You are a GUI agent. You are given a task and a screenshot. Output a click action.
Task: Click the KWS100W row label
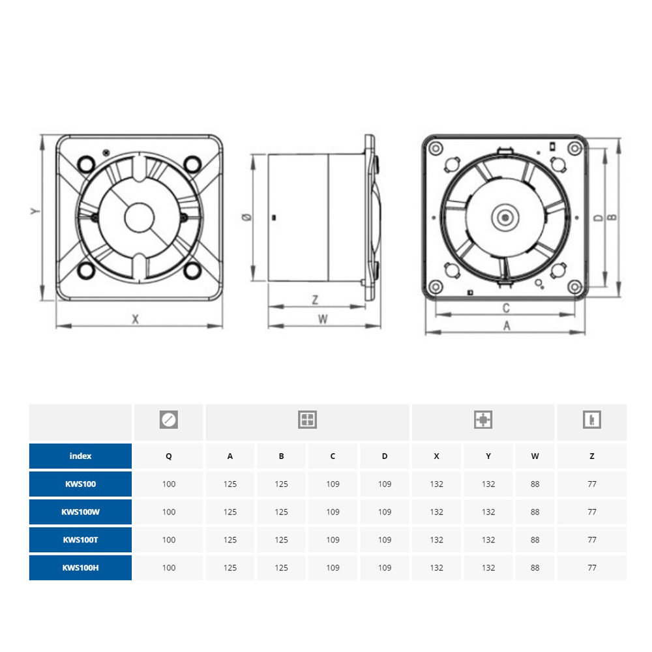pyautogui.click(x=80, y=512)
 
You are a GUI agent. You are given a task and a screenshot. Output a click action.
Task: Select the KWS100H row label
pyautogui.click(x=80, y=568)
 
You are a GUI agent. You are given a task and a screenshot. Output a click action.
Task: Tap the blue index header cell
pyautogui.click(x=80, y=456)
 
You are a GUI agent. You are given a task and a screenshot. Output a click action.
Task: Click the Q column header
pyautogui.click(x=169, y=456)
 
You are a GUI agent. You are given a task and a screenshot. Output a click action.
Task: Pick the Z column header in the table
pyautogui.click(x=592, y=456)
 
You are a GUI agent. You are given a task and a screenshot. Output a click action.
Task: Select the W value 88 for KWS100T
pyautogui.click(x=535, y=540)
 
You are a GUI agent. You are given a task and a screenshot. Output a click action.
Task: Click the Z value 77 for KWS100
pyautogui.click(x=592, y=484)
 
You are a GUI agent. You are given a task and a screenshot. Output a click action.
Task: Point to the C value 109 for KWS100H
pyautogui.click(x=333, y=568)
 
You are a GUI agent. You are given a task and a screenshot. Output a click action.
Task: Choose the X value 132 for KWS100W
pyautogui.click(x=437, y=512)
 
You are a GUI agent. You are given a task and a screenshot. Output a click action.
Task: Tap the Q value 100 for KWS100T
pyautogui.click(x=169, y=540)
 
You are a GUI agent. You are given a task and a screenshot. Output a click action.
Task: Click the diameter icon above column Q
pyautogui.click(x=169, y=419)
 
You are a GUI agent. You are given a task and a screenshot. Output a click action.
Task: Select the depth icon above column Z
pyautogui.click(x=592, y=419)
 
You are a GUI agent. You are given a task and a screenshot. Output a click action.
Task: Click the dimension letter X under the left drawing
pyautogui.click(x=135, y=319)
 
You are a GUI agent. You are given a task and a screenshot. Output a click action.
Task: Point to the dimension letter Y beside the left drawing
pyautogui.click(x=35, y=211)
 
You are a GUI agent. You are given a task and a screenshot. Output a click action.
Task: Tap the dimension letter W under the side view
pyautogui.click(x=323, y=319)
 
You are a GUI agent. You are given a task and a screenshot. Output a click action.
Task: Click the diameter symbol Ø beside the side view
pyautogui.click(x=246, y=216)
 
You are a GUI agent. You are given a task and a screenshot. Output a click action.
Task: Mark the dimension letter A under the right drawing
pyautogui.click(x=507, y=325)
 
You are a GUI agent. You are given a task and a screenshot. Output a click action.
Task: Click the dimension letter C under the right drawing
pyautogui.click(x=506, y=308)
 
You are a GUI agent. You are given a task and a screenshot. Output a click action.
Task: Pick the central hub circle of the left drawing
pyautogui.click(x=140, y=218)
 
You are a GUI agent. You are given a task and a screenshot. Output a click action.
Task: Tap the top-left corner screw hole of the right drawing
pyautogui.click(x=436, y=148)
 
